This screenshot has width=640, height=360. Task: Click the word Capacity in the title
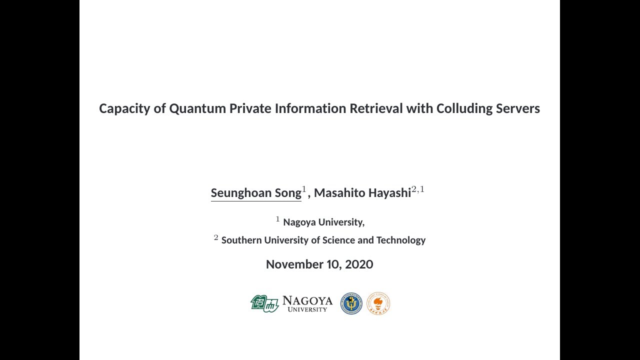[124, 108]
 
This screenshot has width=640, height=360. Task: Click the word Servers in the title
[517, 108]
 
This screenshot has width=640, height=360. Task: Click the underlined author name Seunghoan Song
[256, 193]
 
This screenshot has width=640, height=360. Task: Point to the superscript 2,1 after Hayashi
[418, 189]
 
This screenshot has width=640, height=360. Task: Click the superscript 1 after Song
[304, 189]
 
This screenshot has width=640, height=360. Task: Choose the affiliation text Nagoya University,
[323, 222]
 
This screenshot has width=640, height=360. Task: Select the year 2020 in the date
[359, 264]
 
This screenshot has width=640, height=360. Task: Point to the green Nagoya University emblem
[264, 303]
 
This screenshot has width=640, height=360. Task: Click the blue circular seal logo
[351, 303]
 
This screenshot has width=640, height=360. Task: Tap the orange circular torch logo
[378, 303]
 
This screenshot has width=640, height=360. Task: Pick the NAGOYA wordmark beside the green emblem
[307, 300]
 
